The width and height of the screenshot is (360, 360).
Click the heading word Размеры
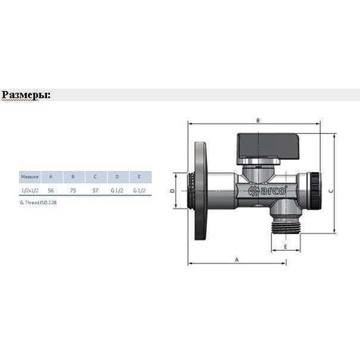(26, 95)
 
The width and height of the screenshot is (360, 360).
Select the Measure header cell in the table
(30, 177)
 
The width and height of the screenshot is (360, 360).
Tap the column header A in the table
(51, 177)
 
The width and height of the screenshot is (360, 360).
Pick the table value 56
(51, 191)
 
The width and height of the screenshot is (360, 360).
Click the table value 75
(73, 191)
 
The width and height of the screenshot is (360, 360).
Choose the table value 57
(95, 191)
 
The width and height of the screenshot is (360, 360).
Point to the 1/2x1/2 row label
(30, 191)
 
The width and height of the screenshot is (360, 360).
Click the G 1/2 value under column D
(117, 191)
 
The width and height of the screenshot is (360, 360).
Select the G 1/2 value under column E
(139, 191)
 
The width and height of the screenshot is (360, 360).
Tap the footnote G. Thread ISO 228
(39, 203)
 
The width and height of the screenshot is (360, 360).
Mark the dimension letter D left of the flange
(172, 191)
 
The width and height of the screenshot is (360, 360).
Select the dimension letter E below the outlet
(285, 247)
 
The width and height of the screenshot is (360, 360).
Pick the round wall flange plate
(201, 191)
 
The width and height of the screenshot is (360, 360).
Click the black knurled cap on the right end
(316, 190)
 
